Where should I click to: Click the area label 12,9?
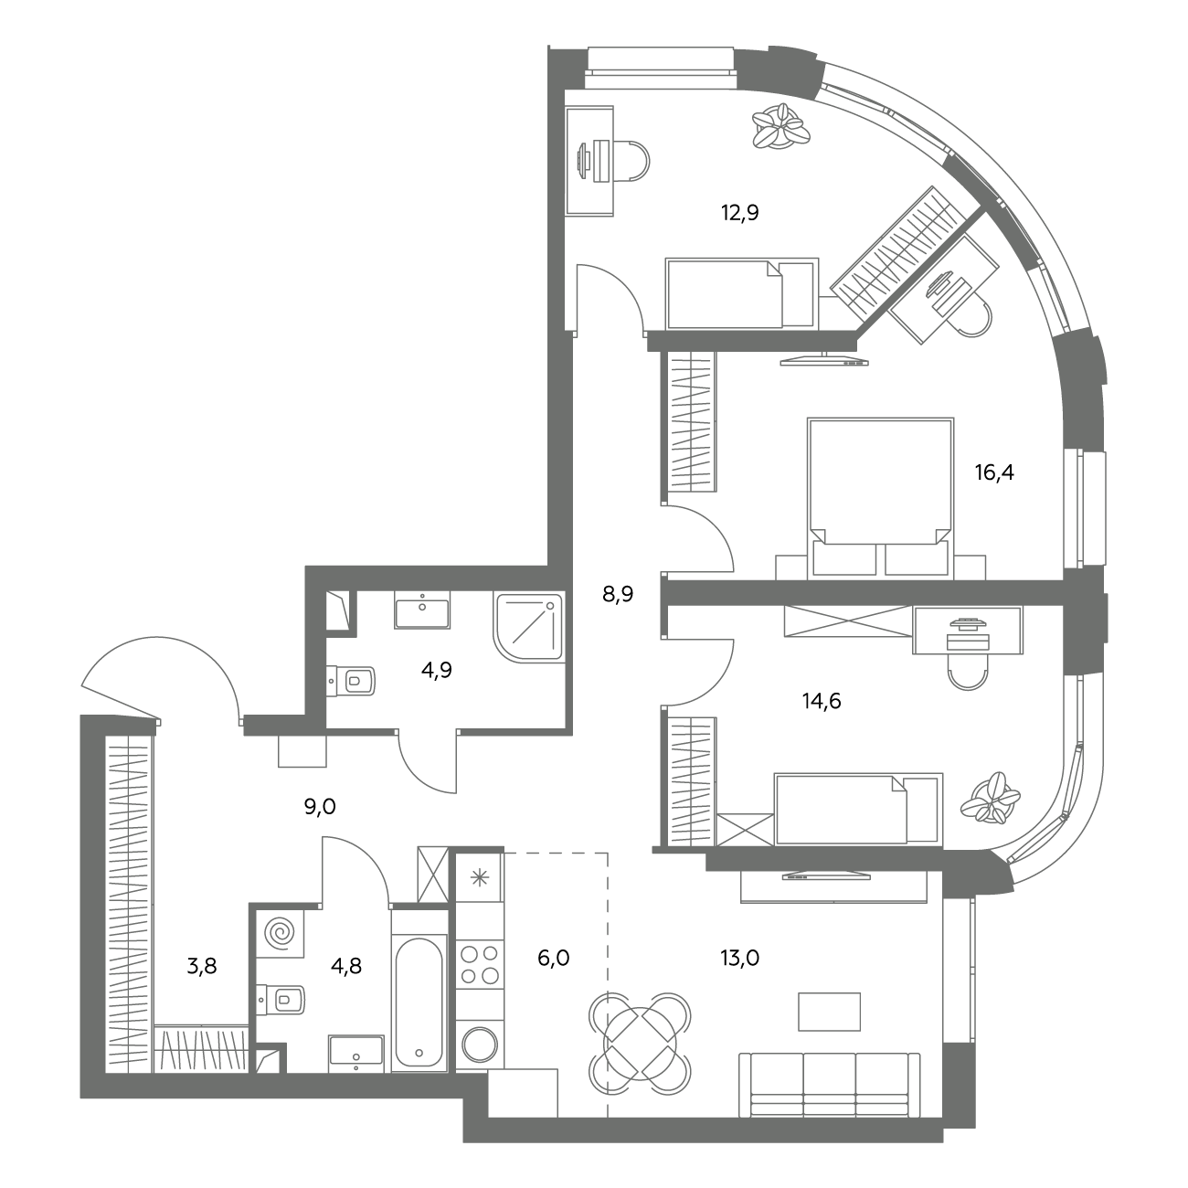pyautogui.click(x=740, y=213)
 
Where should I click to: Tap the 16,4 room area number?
pyautogui.click(x=994, y=472)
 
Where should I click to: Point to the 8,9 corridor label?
pyautogui.click(x=618, y=595)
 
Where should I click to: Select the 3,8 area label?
pyautogui.click(x=202, y=966)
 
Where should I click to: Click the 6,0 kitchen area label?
pyautogui.click(x=554, y=958)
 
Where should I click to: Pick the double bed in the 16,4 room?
pyautogui.click(x=880, y=498)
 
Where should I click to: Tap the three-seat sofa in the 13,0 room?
pyautogui.click(x=829, y=1085)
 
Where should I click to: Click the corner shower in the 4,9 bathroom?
pyautogui.click(x=528, y=627)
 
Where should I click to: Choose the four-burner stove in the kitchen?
pyautogui.click(x=481, y=964)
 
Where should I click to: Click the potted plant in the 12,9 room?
pyautogui.click(x=781, y=126)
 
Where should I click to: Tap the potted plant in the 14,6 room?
pyautogui.click(x=991, y=799)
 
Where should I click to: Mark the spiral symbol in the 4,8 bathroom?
pyautogui.click(x=280, y=934)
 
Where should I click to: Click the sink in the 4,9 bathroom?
pyautogui.click(x=422, y=610)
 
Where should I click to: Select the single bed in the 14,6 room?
pyautogui.click(x=859, y=810)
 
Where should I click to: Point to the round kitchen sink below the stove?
pyautogui.click(x=481, y=1046)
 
